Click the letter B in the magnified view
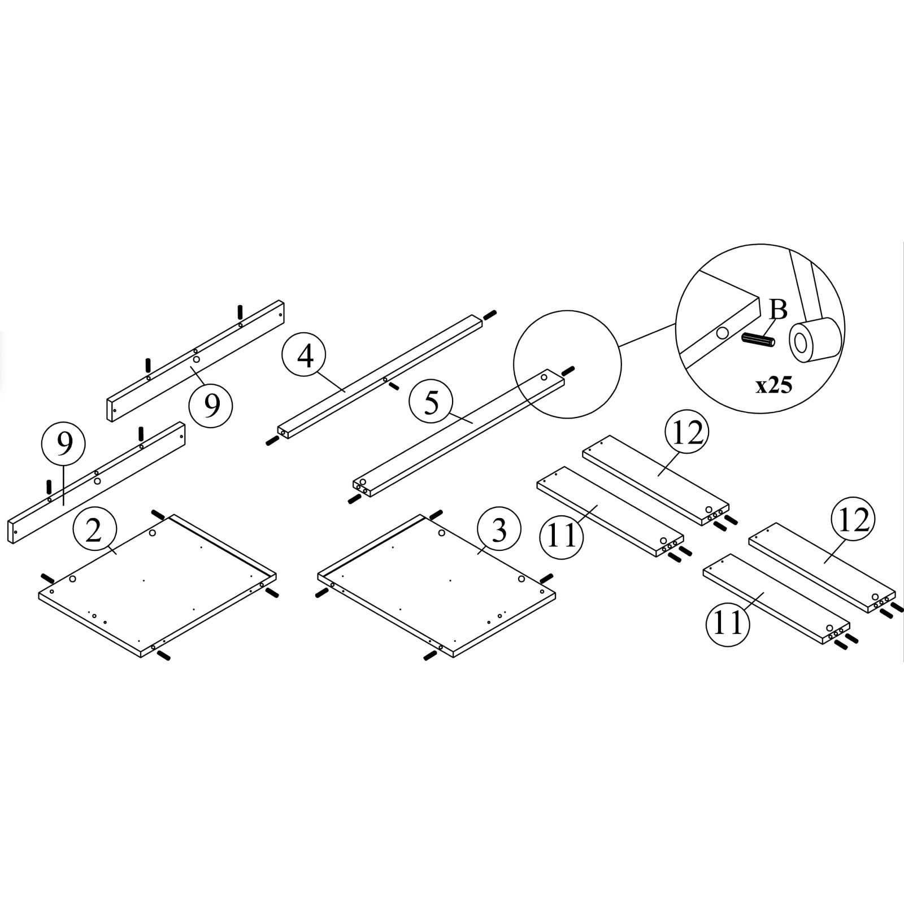pyautogui.click(x=778, y=310)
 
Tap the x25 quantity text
pyautogui.click(x=774, y=386)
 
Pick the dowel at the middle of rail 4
pyautogui.click(x=394, y=385)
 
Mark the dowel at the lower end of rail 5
pyautogui.click(x=354, y=499)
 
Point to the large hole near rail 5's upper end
pyautogui.click(x=544, y=376)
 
